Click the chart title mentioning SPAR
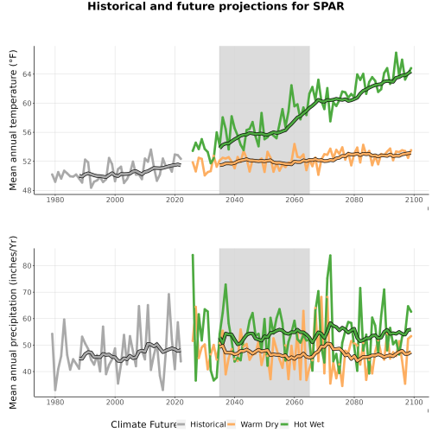click(x=216, y=6)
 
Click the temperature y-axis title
click(x=13, y=120)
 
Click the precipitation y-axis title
click(x=13, y=322)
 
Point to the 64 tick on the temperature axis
click(x=27, y=74)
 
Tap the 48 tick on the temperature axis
click(x=27, y=190)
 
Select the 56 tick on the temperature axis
click(x=27, y=132)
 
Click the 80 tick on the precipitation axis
click(x=27, y=265)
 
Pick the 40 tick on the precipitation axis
click(x=27, y=372)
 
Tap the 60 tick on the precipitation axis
click(x=27, y=319)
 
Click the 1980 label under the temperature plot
click(x=55, y=200)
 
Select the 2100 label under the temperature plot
click(x=414, y=200)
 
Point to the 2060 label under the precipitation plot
click(x=294, y=402)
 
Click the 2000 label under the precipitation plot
click(x=115, y=402)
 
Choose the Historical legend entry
click(x=208, y=424)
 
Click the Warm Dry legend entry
click(x=259, y=424)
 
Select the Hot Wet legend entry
click(x=308, y=424)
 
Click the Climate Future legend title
click(x=144, y=424)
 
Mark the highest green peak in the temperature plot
click(x=397, y=53)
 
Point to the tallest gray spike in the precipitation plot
click(x=168, y=294)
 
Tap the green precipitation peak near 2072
click(x=330, y=255)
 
